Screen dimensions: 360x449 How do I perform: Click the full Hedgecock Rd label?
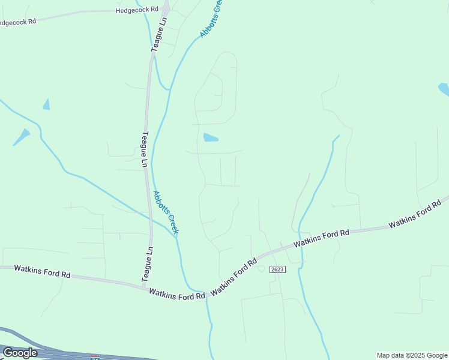137,10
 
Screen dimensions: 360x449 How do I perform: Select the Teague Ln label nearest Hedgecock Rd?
160,35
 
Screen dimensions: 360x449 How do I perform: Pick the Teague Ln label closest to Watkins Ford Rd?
147,264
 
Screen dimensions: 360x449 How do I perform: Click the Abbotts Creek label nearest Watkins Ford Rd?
166,212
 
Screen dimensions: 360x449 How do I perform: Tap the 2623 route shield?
277,269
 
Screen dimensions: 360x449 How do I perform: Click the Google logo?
19,353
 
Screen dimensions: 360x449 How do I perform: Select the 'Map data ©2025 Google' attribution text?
412,355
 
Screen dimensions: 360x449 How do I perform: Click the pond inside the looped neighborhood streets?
210,137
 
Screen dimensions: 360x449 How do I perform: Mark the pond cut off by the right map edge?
444,89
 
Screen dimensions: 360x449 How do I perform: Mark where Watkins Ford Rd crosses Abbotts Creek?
206,293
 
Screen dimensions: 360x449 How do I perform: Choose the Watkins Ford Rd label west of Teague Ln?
42,271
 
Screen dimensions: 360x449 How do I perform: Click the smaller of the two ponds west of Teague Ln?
46,104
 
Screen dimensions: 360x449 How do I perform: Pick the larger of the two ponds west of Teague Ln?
22,137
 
